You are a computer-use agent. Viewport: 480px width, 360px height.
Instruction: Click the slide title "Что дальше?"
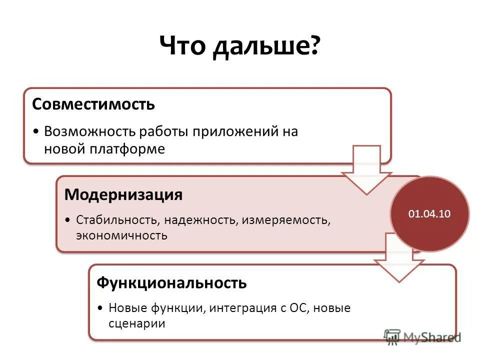239,47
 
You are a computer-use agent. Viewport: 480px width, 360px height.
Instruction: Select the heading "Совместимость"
93,104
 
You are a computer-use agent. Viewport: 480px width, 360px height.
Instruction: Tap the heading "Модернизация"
123,194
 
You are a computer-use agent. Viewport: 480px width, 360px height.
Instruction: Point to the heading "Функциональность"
171,283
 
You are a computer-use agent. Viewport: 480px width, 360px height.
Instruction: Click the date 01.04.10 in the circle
429,214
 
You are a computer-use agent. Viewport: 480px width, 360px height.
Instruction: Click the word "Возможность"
90,131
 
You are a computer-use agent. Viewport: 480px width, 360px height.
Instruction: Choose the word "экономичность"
121,235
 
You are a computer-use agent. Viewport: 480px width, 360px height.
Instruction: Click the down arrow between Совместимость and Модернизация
367,172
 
